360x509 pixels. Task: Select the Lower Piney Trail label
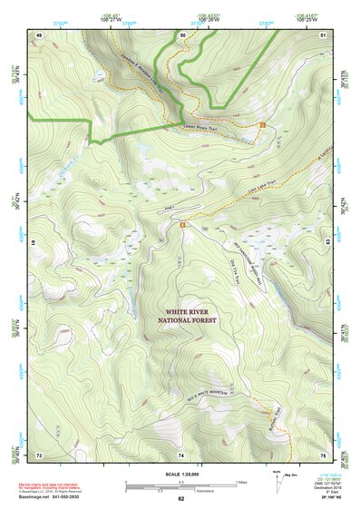click(201, 128)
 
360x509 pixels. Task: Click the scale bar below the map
click(180, 485)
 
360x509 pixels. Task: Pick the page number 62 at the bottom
click(181, 499)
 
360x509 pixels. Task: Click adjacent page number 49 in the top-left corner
click(39, 34)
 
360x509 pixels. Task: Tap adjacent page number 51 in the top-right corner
click(323, 34)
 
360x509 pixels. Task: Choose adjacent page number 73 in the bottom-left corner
click(39, 454)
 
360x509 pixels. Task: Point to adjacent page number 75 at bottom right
click(323, 454)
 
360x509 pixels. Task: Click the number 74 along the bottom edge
click(181, 454)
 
